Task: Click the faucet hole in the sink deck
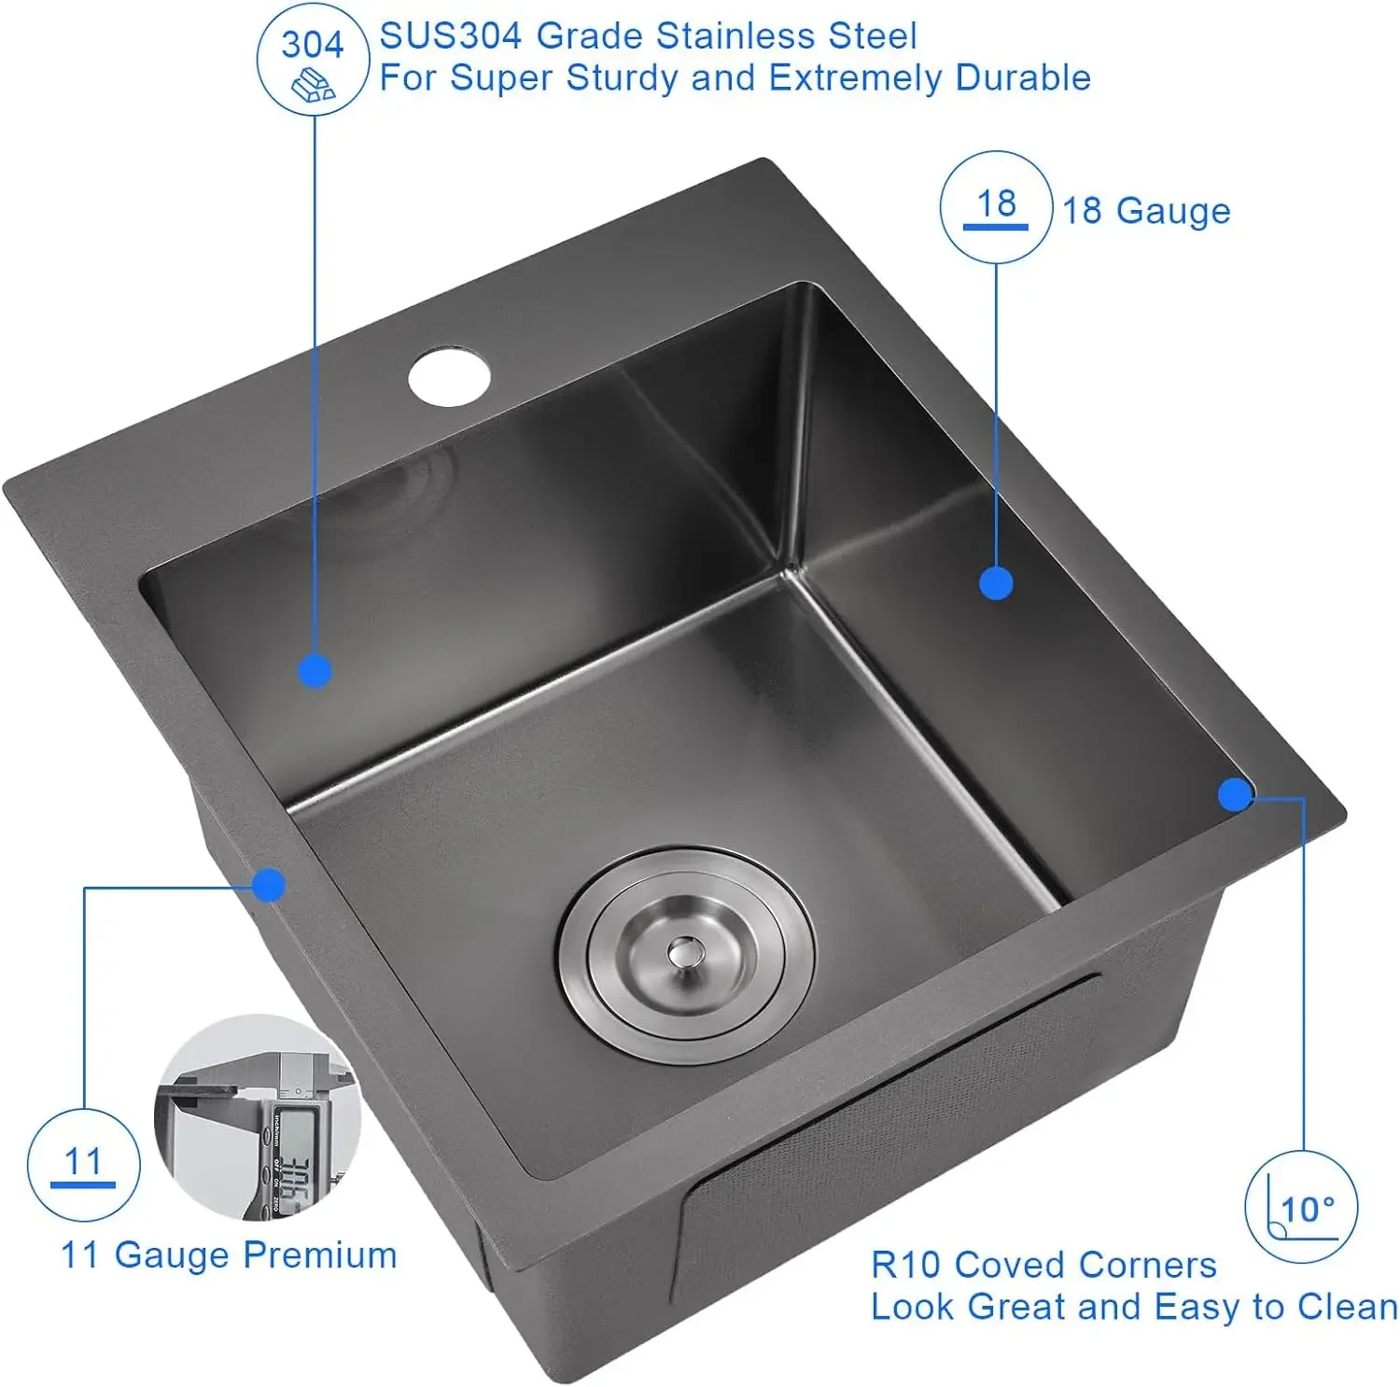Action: coord(449,377)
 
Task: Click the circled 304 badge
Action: coord(313,60)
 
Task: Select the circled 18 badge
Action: coord(996,206)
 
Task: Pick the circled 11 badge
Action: coord(83,1164)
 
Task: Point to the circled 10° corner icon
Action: coord(1301,1208)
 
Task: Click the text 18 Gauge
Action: coord(1146,211)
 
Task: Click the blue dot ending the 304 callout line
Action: coord(315,671)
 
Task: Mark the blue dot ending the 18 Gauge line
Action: coord(996,583)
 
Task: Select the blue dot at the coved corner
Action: coord(1235,794)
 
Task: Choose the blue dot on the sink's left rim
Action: coord(269,885)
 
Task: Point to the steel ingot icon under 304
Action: coord(314,87)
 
